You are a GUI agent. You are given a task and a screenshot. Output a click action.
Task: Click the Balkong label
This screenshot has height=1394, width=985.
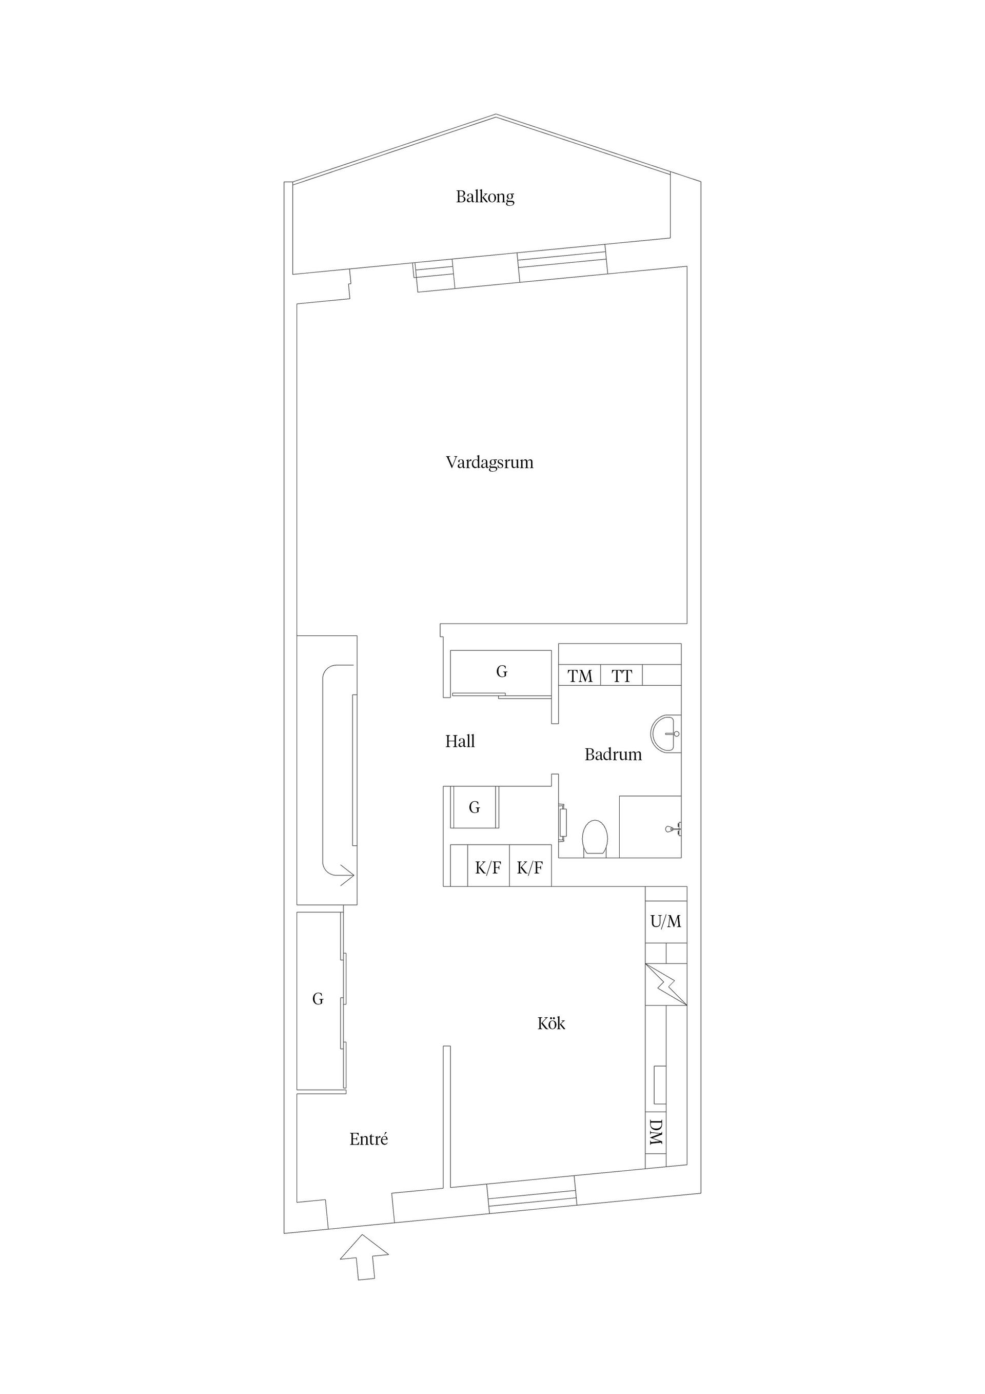click(485, 197)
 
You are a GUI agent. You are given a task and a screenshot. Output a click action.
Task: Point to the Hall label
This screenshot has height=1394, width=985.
click(460, 741)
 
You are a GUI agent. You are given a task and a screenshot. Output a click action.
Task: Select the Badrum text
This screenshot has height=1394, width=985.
click(613, 754)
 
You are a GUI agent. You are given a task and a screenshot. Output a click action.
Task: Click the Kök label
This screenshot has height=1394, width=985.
click(551, 1023)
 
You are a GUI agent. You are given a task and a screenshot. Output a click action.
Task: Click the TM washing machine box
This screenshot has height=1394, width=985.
click(580, 675)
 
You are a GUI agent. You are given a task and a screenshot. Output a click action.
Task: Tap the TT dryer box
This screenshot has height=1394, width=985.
click(621, 675)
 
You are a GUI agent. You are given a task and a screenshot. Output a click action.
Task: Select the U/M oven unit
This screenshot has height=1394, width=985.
click(666, 922)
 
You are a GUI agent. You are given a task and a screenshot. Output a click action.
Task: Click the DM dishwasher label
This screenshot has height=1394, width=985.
click(656, 1133)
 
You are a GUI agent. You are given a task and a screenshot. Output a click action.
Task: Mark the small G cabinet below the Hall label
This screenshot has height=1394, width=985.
click(475, 807)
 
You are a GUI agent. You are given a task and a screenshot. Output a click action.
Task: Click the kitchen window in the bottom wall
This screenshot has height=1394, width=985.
click(532, 1198)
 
